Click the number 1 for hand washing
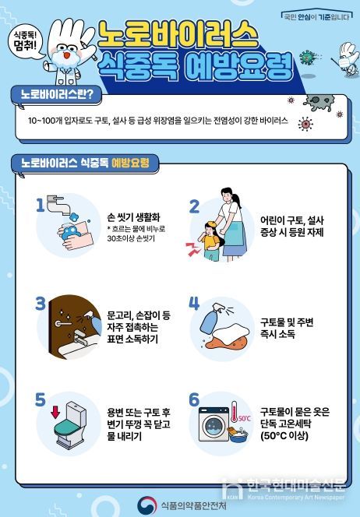[x=41, y=205]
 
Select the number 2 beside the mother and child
[x=195, y=206]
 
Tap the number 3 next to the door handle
[x=41, y=303]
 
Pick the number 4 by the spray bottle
[x=195, y=303]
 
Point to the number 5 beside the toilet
[x=41, y=399]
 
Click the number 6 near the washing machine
[x=195, y=399]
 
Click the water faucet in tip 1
[x=58, y=205]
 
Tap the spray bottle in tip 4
[x=214, y=319]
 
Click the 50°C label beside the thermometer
[x=245, y=418]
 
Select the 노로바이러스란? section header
[x=56, y=95]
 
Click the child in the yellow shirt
[x=209, y=238]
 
